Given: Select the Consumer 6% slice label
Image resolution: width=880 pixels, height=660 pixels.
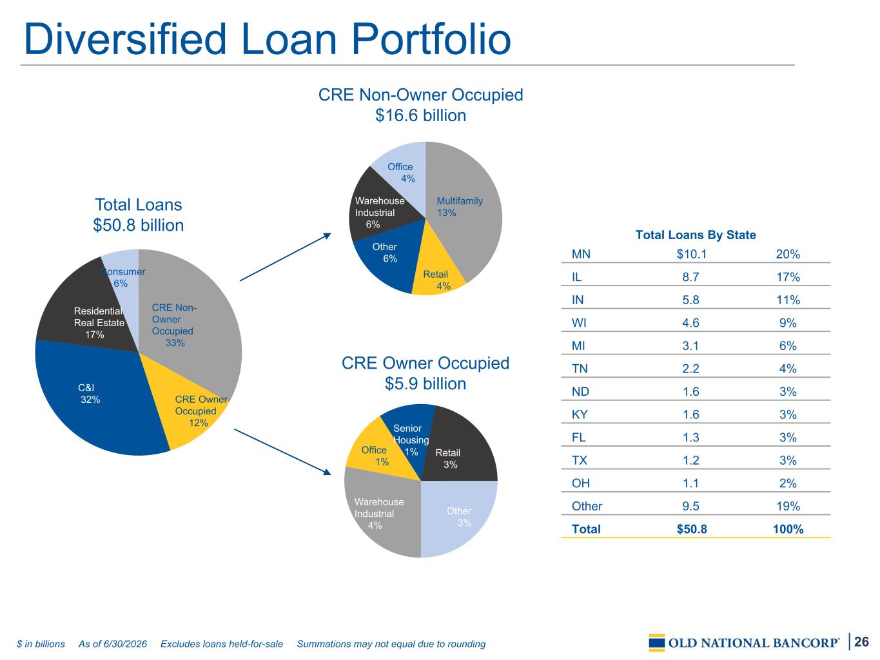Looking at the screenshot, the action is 122,277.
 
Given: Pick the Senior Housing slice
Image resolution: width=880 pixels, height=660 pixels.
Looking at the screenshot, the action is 409,432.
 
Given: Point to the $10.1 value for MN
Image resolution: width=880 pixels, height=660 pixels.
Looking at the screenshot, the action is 692,254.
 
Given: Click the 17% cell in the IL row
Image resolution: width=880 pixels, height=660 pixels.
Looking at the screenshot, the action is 788,277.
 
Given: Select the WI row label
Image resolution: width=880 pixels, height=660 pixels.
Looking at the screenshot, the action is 579,322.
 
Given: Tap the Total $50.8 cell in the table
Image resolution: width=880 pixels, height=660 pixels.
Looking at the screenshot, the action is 692,529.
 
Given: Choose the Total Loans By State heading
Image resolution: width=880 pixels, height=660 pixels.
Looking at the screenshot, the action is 696,235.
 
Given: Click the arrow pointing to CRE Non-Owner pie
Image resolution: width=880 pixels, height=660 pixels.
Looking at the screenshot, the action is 286,257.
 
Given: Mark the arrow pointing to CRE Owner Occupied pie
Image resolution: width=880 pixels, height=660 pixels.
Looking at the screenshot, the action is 282,452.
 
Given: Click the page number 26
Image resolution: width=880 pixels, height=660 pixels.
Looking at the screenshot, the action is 861,641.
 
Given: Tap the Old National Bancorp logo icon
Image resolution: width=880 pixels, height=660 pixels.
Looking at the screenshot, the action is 657,643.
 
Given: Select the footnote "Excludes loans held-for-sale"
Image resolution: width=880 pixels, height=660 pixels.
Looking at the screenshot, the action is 222,644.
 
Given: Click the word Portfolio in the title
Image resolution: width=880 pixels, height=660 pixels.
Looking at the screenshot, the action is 431,39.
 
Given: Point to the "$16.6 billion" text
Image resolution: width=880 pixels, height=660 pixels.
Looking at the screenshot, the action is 420,115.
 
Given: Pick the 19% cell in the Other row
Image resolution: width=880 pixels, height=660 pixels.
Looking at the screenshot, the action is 788,506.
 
